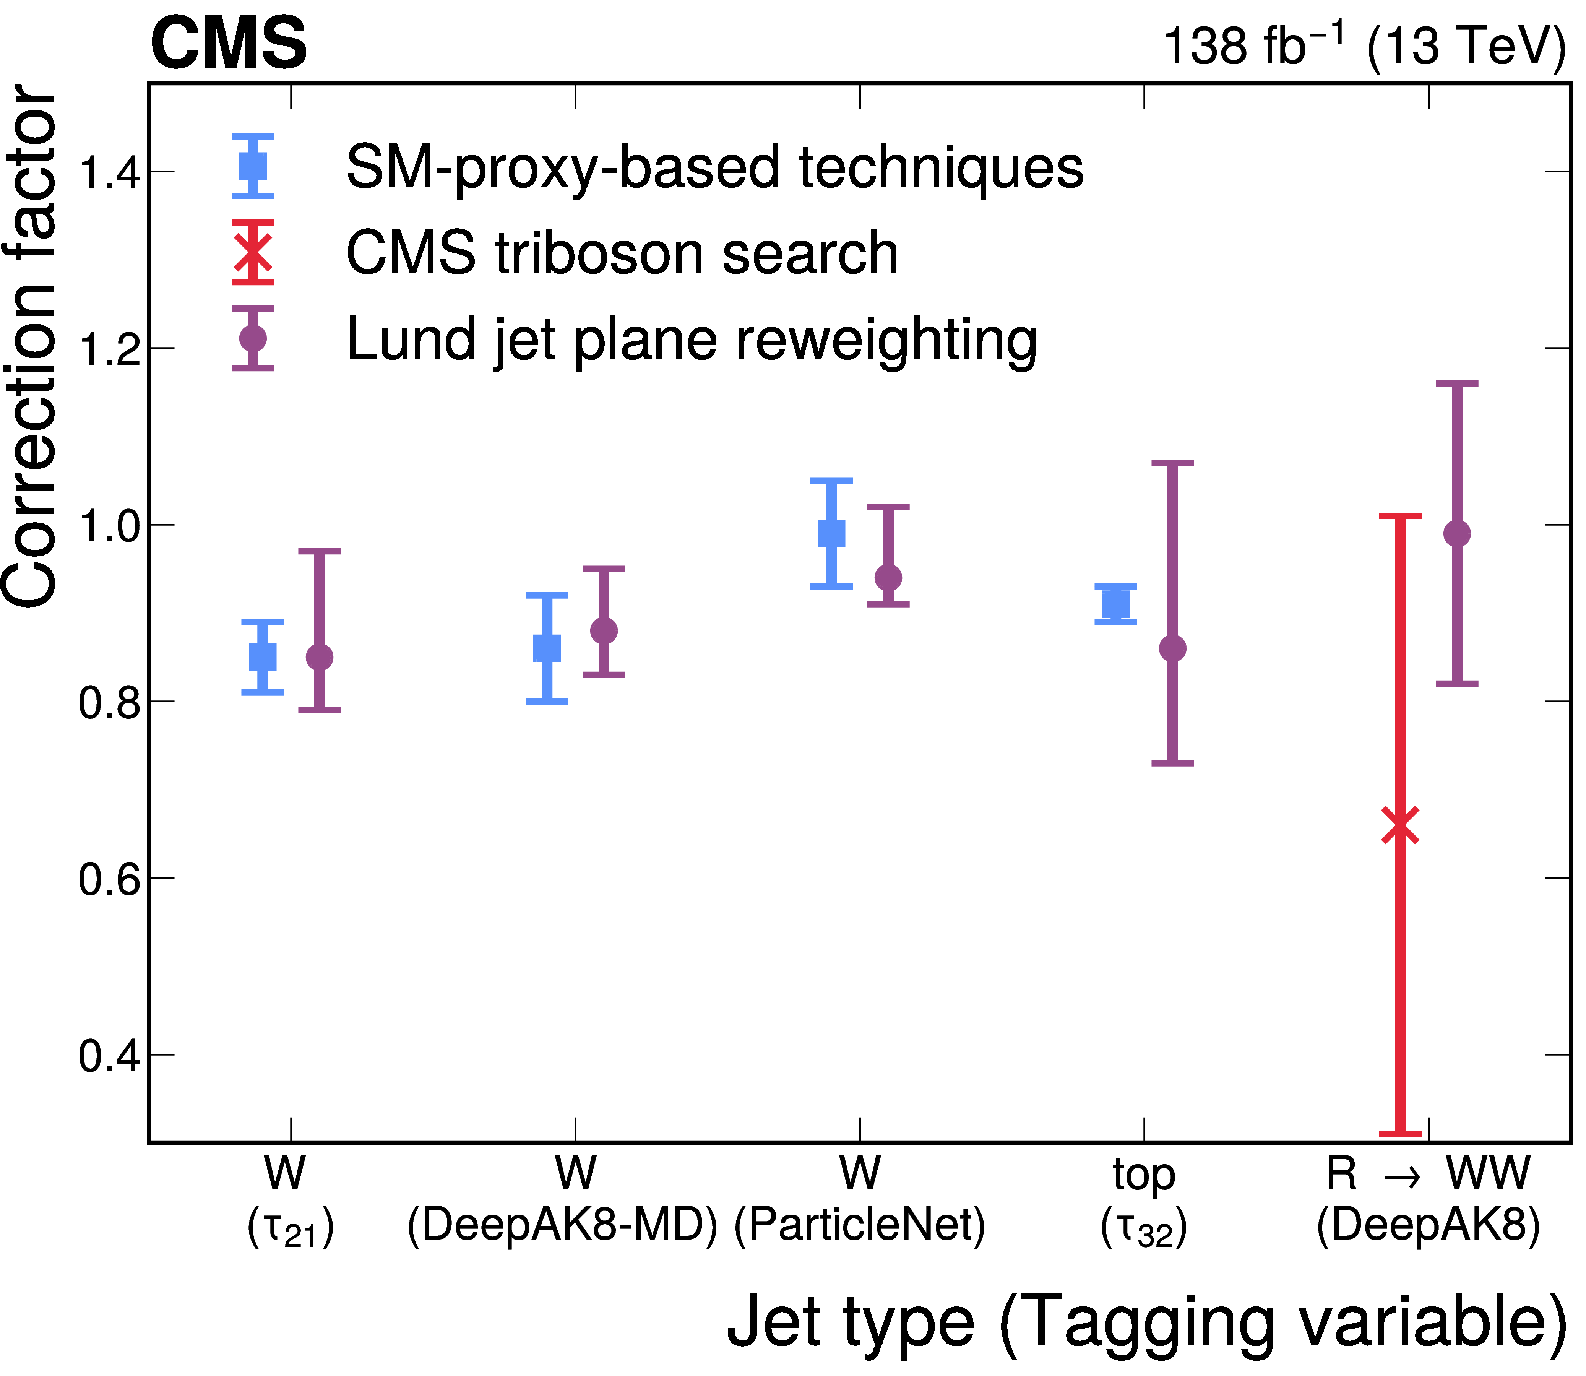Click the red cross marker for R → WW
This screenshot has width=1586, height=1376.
[1400, 826]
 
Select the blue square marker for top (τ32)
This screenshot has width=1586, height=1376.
[1115, 604]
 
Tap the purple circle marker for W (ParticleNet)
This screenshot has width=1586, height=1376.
[888, 577]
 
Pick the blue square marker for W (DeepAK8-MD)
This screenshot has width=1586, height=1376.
[547, 648]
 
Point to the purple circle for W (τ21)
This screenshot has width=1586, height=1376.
[319, 657]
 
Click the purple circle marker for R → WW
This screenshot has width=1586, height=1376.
[1457, 534]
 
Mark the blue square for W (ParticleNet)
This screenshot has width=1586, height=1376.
[831, 533]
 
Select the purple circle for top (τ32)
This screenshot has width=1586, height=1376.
[1172, 649]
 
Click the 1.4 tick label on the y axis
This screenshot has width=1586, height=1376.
[110, 172]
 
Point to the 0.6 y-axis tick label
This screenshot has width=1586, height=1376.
[110, 879]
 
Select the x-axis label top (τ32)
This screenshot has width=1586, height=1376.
[1144, 1202]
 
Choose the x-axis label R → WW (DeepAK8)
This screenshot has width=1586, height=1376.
[1428, 1202]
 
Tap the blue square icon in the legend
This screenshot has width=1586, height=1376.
[253, 166]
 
